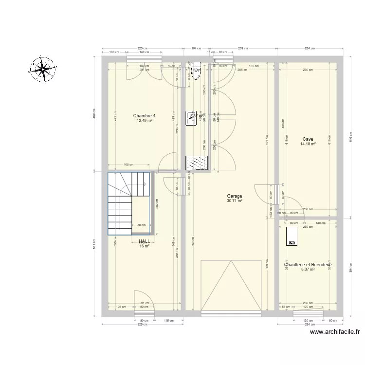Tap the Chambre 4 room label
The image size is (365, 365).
145,116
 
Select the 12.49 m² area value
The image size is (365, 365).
145,121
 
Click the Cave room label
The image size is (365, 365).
308,139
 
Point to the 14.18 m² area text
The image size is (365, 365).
308,144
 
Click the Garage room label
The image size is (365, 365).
234,197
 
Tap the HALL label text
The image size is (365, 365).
144,241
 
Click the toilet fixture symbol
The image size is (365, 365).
197,71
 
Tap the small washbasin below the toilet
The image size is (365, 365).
191,116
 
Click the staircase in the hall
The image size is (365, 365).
128,203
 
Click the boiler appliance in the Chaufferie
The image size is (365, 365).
292,235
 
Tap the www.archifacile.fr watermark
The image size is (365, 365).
335,333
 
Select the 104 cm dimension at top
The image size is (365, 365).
196,49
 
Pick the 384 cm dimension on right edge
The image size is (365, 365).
349,265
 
